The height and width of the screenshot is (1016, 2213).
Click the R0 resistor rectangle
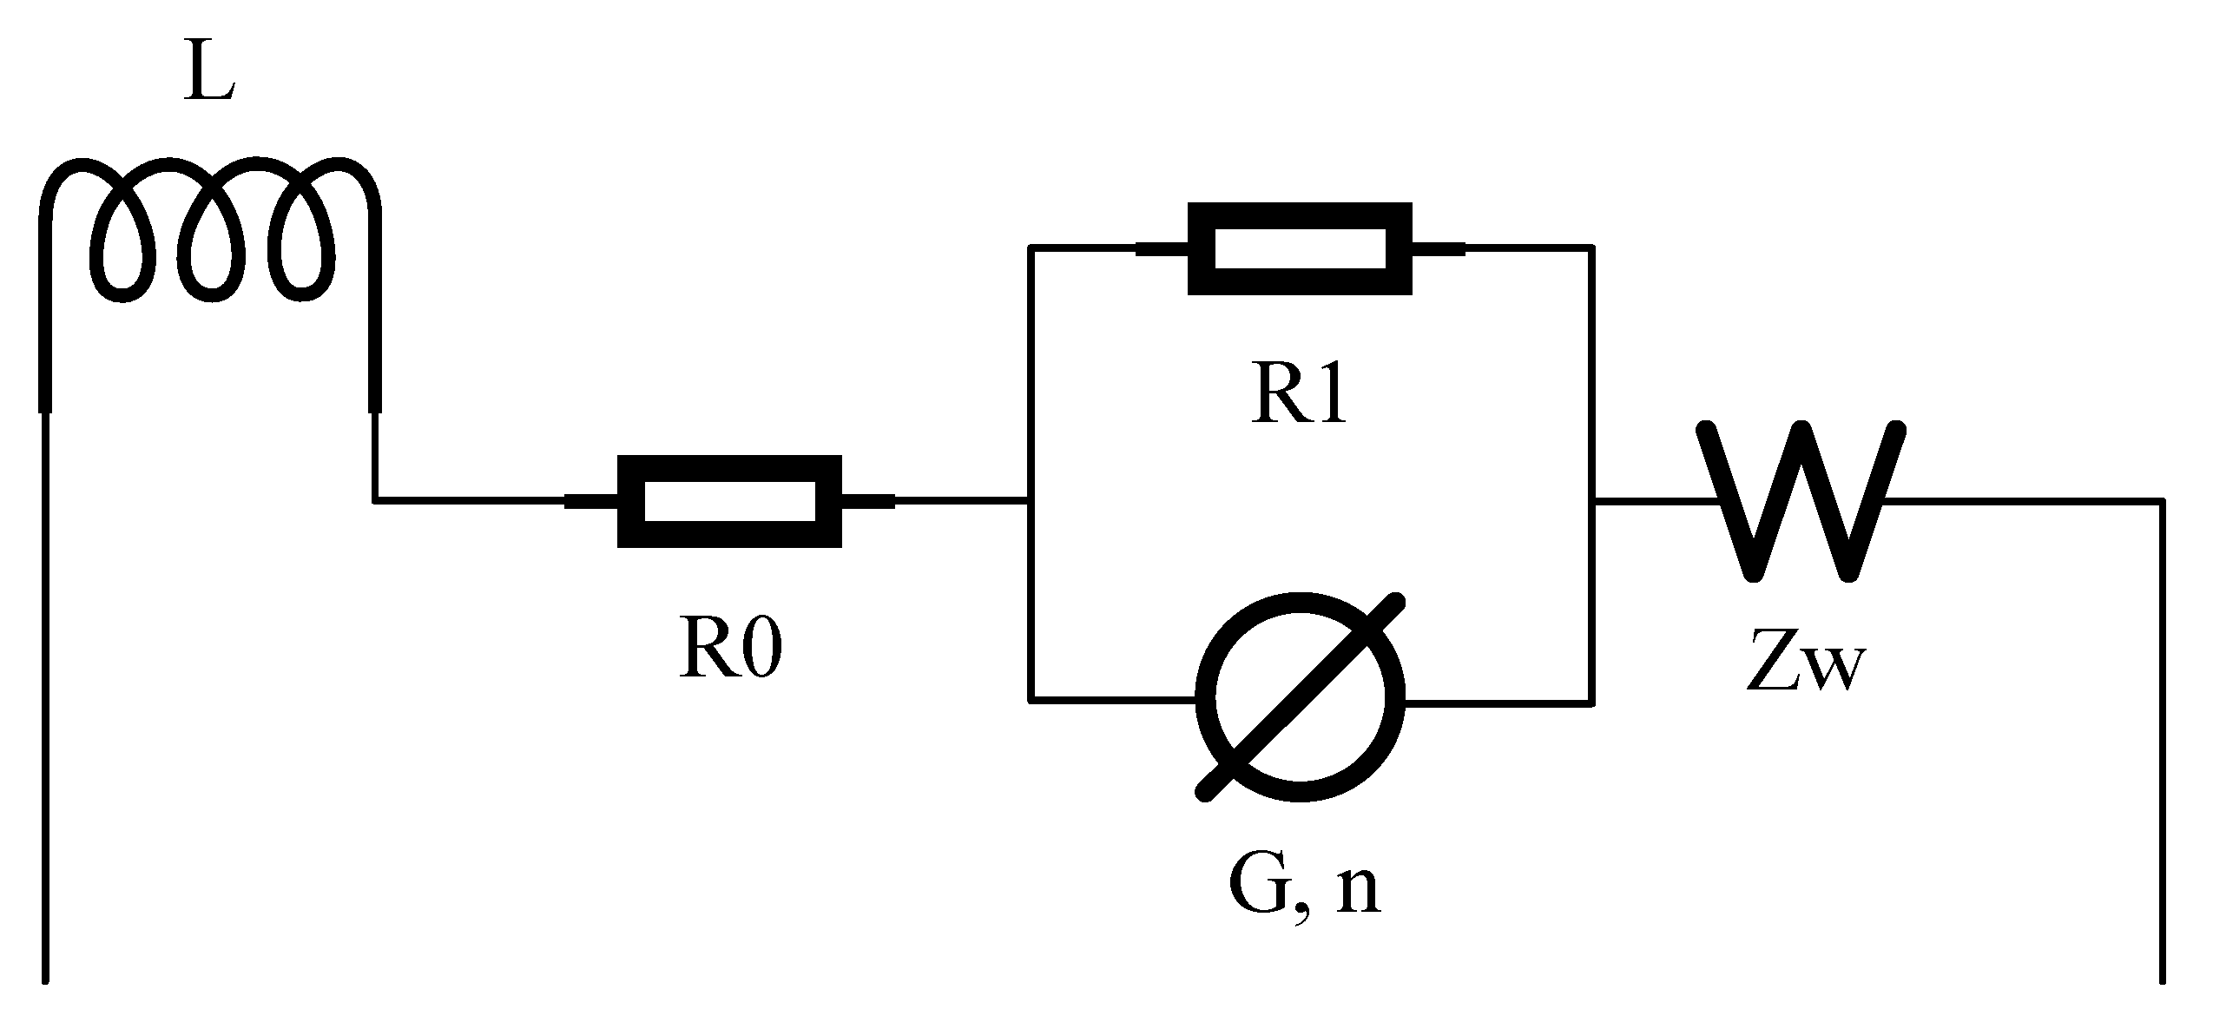(728, 501)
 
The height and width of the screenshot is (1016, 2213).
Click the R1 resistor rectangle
(1299, 249)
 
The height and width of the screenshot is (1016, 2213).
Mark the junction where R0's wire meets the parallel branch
(1030, 501)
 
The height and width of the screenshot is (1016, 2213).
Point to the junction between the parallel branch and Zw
(1591, 501)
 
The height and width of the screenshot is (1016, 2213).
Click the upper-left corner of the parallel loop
(1030, 248)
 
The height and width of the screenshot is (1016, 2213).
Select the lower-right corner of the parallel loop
(1591, 702)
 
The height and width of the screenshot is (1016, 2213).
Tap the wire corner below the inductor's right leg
(375, 501)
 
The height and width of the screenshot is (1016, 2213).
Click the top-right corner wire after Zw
(2161, 501)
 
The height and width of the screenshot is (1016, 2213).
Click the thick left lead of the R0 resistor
(591, 501)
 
